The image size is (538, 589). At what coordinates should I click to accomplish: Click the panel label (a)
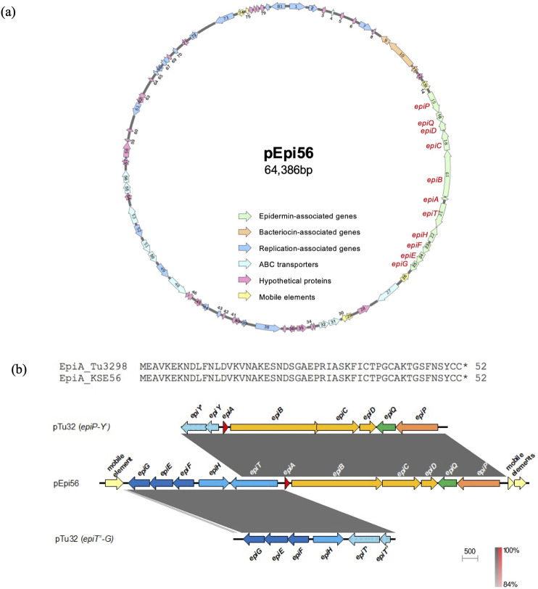click(9, 12)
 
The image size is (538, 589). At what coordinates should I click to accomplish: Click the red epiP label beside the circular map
click(423, 106)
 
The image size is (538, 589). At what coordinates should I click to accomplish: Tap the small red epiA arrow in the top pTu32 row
click(225, 429)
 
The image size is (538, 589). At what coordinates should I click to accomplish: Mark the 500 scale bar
click(471, 559)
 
